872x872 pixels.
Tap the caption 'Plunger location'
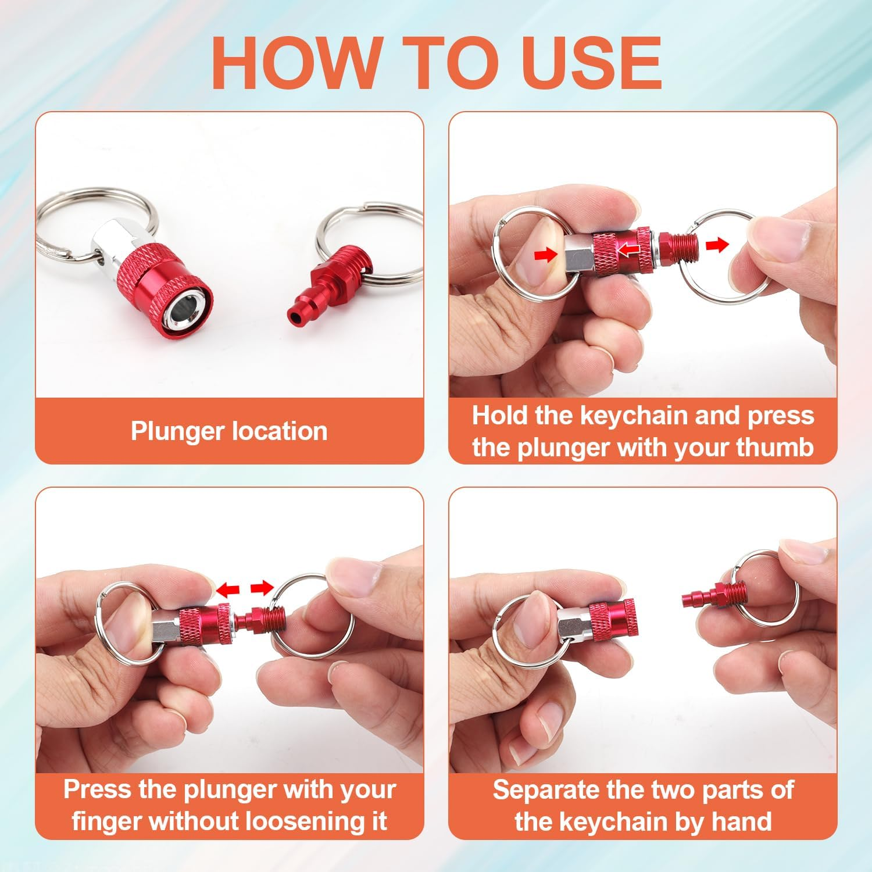pos(229,431)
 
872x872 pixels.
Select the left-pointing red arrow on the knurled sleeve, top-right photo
pos(627,249)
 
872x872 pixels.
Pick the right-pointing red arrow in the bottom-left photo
pos(261,588)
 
